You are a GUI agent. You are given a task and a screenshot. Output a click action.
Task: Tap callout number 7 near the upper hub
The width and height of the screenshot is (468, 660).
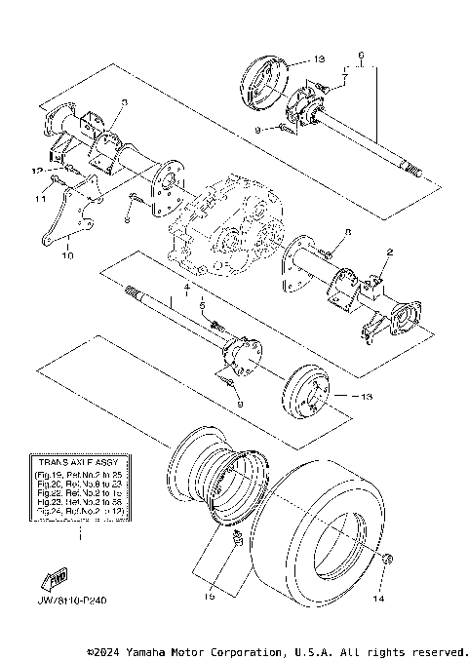point(343,76)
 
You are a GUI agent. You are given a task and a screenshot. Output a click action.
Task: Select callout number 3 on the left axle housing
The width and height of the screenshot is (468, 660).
point(125,101)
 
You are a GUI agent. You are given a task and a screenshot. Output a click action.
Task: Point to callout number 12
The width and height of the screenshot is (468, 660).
point(37,170)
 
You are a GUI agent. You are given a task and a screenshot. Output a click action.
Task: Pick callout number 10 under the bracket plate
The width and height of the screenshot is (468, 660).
point(66,256)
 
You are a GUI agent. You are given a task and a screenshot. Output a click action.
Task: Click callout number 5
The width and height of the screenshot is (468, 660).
point(202,305)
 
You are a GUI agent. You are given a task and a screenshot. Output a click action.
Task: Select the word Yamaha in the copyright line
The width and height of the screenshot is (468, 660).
point(156,651)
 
